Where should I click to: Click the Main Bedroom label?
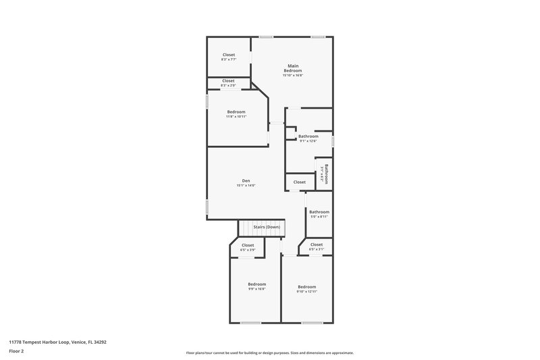292,68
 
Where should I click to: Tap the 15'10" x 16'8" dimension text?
292,75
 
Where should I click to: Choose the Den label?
246,180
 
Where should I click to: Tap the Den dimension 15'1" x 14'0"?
246,186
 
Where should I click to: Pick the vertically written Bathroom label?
325,174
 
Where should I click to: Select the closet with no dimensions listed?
299,182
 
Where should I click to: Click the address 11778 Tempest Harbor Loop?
57,342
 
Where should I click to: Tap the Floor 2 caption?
17,352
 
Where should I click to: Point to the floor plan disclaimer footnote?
269,353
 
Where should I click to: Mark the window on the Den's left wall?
207,207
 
